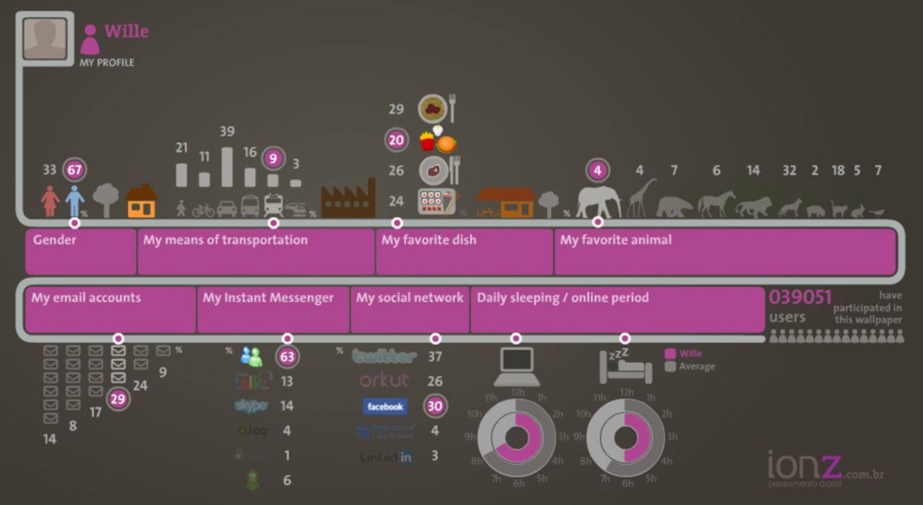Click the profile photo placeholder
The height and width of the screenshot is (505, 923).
(x=45, y=39)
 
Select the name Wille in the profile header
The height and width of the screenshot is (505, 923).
(x=126, y=32)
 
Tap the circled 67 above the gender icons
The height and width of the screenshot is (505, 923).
(x=74, y=170)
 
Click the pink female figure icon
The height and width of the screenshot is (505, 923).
(x=50, y=201)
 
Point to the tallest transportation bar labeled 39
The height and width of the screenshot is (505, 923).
(x=227, y=167)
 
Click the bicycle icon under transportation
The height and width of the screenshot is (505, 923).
(x=203, y=209)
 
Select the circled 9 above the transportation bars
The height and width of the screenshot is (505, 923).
(x=273, y=158)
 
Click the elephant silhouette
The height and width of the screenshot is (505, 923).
(x=599, y=201)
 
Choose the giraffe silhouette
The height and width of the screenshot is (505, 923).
(x=641, y=198)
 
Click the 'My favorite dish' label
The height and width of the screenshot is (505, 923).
(x=429, y=240)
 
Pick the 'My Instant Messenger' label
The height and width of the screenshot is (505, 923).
(x=268, y=298)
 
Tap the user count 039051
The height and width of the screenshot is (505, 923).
(x=800, y=297)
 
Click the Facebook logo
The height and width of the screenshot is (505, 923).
(x=384, y=407)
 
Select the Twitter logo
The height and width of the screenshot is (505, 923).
(x=384, y=356)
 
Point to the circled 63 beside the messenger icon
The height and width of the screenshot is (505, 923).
(x=288, y=356)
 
